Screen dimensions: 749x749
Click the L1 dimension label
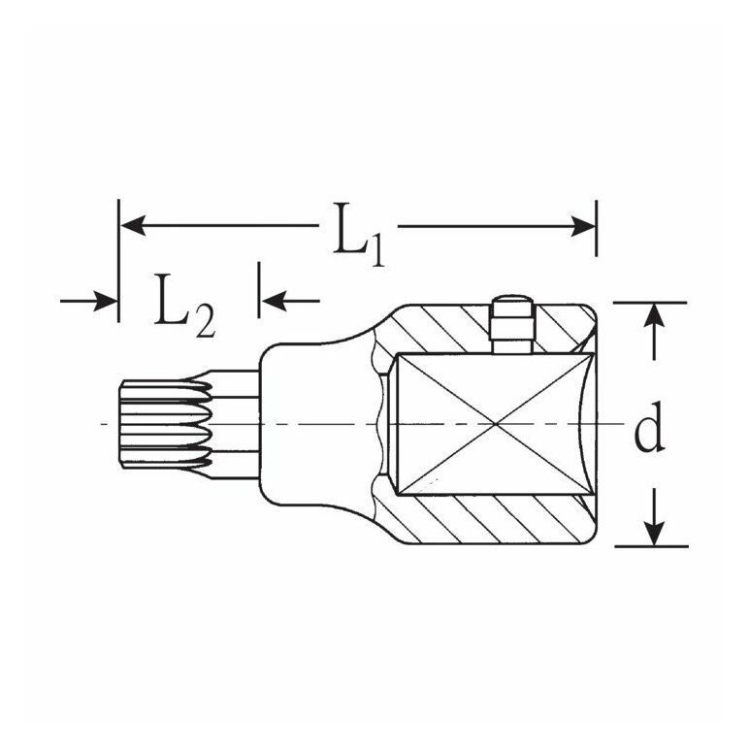coord(358,234)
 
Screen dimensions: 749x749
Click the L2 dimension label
coord(184,306)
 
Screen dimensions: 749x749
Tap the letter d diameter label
coord(649,427)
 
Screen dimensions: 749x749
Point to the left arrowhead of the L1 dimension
coord(133,225)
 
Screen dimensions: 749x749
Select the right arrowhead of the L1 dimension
coord(583,226)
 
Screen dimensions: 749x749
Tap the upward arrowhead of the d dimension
coord(654,316)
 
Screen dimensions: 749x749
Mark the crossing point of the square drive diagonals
coord(496,424)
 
